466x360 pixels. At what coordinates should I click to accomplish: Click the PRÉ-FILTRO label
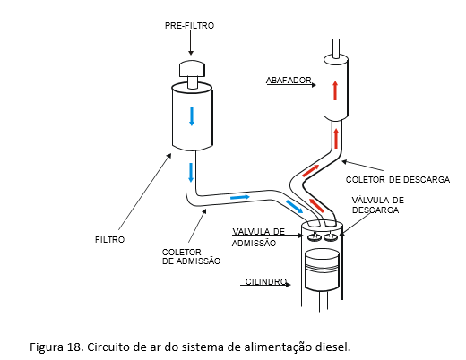click(189, 25)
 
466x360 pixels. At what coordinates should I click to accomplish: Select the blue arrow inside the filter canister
click(192, 116)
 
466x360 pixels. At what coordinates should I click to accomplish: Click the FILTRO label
click(109, 240)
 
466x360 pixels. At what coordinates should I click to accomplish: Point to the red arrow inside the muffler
click(335, 90)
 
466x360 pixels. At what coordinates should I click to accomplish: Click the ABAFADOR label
click(289, 81)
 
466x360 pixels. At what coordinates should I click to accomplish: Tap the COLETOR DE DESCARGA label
click(398, 180)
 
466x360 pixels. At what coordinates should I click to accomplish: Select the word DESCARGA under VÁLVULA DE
click(375, 210)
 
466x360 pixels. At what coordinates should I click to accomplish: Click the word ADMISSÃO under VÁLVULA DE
click(254, 244)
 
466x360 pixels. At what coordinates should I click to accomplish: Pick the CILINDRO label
click(266, 281)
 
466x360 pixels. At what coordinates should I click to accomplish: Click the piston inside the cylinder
click(322, 270)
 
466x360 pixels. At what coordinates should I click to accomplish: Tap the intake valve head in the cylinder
click(314, 236)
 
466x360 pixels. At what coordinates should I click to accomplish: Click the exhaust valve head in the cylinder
click(331, 237)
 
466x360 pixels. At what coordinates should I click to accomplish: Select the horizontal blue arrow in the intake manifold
click(240, 197)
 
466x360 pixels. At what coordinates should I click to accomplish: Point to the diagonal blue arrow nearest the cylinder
click(294, 207)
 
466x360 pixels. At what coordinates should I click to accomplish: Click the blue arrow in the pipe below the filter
click(191, 173)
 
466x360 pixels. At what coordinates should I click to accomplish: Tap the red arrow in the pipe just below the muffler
click(337, 138)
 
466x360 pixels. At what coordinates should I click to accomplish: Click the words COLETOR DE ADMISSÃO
click(191, 256)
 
